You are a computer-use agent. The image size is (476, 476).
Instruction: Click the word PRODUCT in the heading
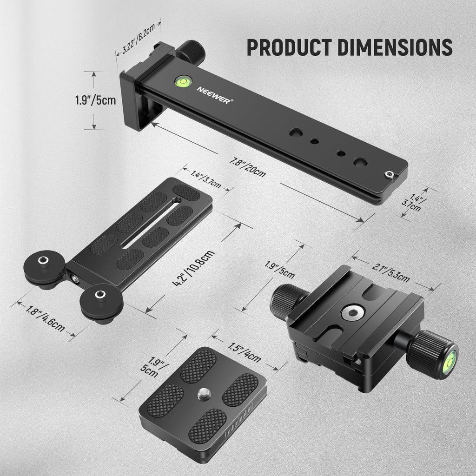(x=289, y=47)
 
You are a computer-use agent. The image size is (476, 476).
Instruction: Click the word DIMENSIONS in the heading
(x=395, y=47)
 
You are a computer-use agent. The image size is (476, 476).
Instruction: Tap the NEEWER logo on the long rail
(x=215, y=95)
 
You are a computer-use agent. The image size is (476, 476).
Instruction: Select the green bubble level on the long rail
(x=183, y=81)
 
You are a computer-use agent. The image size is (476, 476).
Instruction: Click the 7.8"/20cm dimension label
(x=247, y=167)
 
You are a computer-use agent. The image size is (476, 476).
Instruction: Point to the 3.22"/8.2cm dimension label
(x=139, y=38)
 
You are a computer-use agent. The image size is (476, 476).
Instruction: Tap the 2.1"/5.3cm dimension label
(x=390, y=272)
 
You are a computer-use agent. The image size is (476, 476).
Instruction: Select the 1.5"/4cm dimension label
(x=245, y=352)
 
